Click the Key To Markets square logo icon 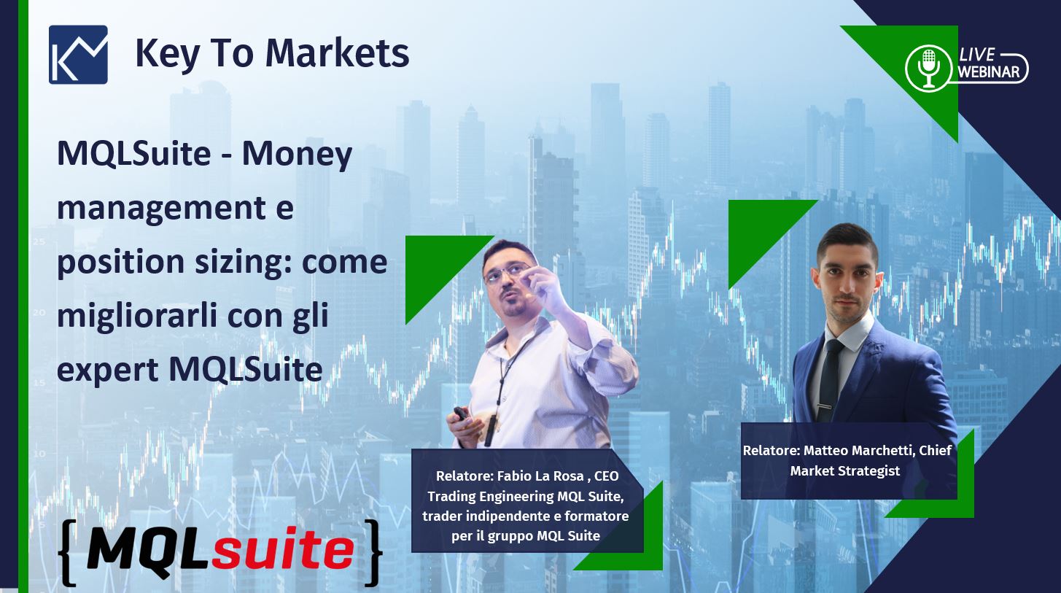78,55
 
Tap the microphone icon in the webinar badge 929,67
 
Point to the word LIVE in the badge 977,55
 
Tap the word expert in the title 107,370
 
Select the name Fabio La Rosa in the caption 540,476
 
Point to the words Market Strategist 844,471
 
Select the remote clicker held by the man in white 461,414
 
